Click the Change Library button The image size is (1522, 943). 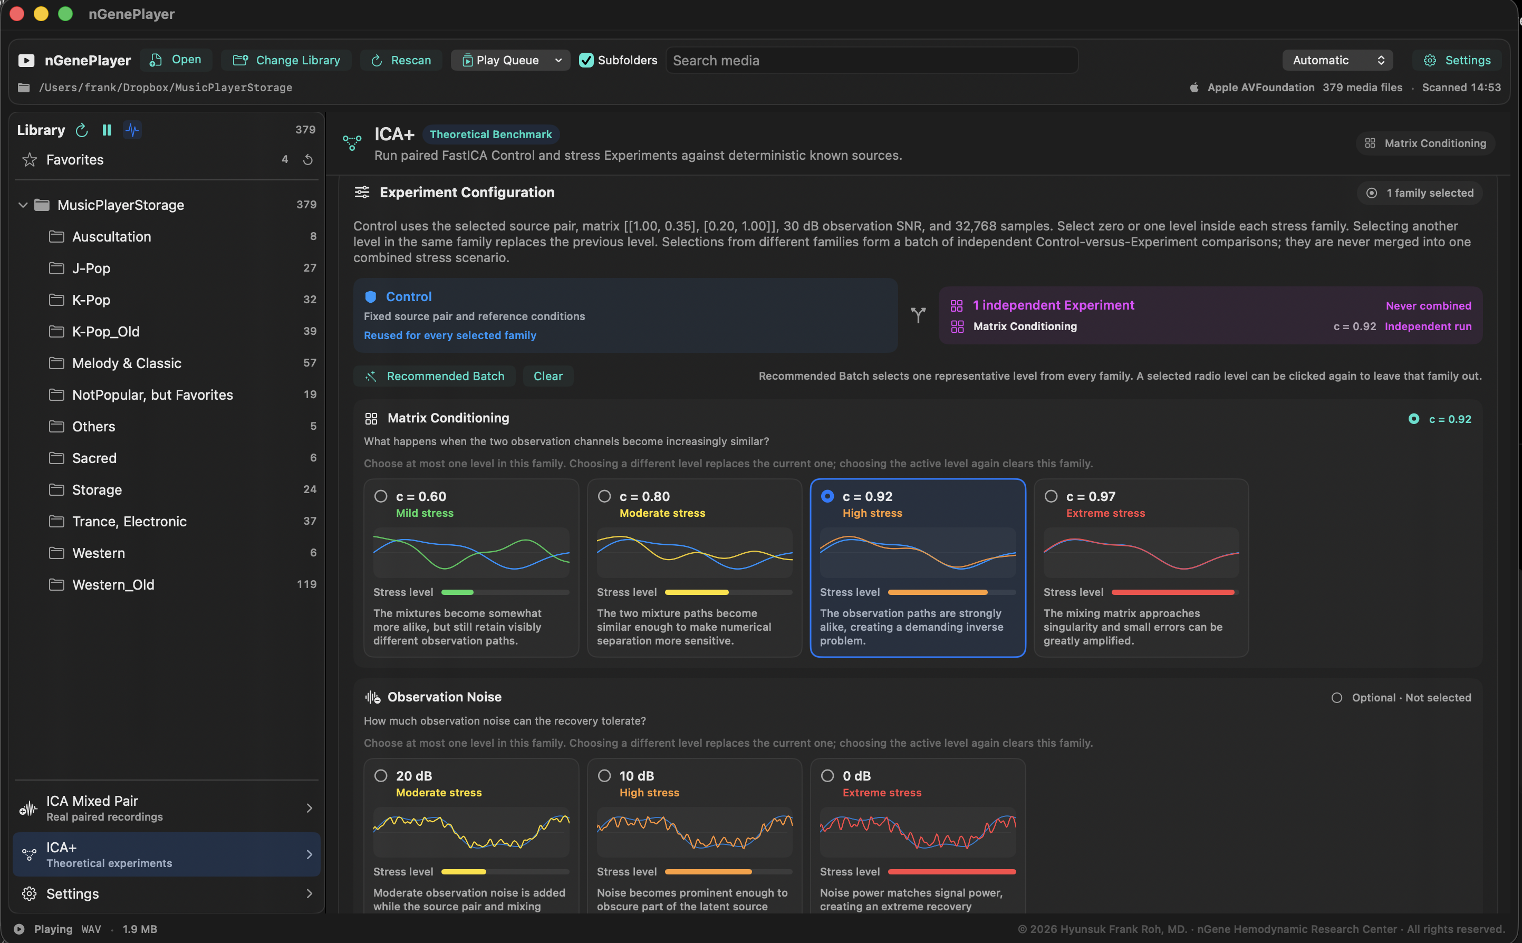pos(286,60)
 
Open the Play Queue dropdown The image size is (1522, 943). pos(510,60)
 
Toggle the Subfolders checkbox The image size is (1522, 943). pos(586,60)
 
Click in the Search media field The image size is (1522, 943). pos(872,61)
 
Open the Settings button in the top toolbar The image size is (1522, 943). pos(1457,60)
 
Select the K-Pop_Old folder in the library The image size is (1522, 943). pos(105,331)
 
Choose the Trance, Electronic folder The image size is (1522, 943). pos(129,522)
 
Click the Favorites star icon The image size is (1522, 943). pos(30,160)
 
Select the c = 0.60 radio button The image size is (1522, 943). pos(380,496)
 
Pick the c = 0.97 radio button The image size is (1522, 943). pos(1051,496)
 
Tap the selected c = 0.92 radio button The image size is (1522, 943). pos(827,496)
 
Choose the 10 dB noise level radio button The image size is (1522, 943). pos(604,776)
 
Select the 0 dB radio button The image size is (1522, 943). pos(827,776)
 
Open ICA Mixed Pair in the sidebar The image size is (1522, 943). pos(167,809)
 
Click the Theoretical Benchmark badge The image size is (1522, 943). pos(490,134)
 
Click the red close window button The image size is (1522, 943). pos(17,14)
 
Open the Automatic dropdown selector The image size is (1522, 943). pos(1337,60)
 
